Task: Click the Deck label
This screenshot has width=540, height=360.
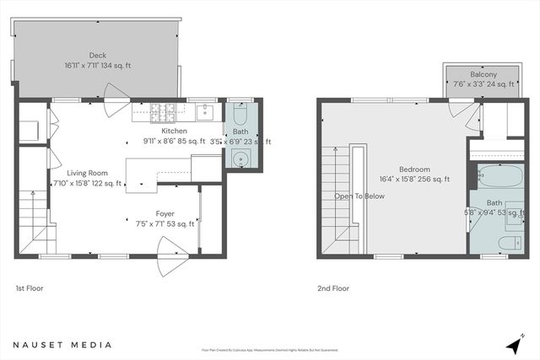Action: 98,56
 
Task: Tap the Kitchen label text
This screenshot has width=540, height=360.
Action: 174,131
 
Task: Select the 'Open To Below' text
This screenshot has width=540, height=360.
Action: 359,196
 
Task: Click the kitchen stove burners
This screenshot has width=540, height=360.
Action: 162,110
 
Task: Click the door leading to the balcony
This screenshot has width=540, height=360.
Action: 463,108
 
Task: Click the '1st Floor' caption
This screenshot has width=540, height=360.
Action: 30,288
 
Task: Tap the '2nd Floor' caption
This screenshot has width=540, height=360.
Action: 334,288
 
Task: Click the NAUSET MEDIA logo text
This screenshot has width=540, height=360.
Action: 52,344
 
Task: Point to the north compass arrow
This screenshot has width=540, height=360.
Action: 514,346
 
